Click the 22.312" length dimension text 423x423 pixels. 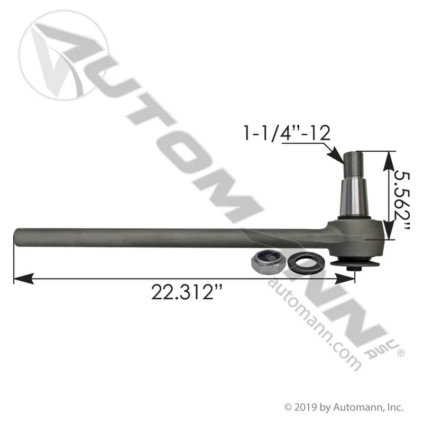point(187,292)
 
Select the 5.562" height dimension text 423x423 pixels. point(402,200)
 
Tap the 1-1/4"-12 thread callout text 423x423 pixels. point(287,133)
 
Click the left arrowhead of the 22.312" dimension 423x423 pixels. point(23,279)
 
